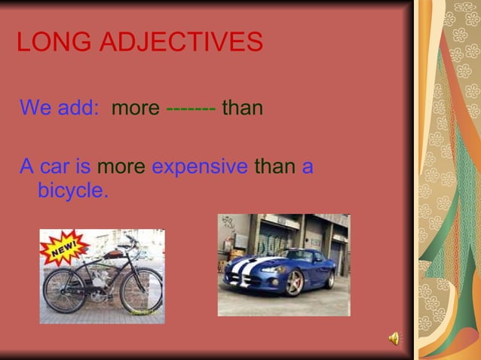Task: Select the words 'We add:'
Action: pyautogui.click(x=60, y=108)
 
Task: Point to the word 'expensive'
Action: pyautogui.click(x=200, y=166)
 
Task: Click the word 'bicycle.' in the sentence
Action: pyautogui.click(x=73, y=191)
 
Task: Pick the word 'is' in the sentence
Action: pyautogui.click(x=84, y=166)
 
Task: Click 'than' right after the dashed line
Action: pyautogui.click(x=243, y=108)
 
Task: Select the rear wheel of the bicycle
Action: pyautogui.click(x=63, y=291)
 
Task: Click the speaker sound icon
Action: pyautogui.click(x=394, y=339)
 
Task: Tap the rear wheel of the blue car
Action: pyautogui.click(x=330, y=278)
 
